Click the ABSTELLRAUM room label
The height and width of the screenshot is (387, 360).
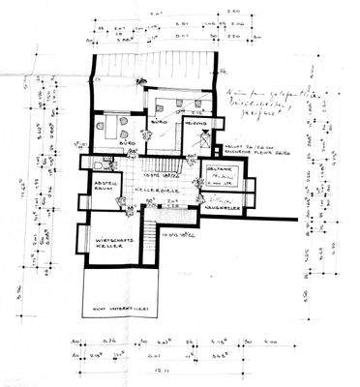[x=105, y=185]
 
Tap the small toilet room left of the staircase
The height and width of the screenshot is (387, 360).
[x=125, y=167]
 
